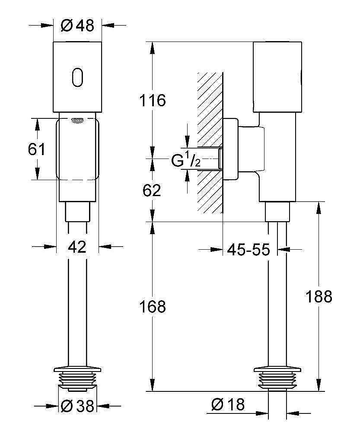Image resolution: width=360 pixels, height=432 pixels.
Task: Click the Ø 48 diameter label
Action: pos(77,26)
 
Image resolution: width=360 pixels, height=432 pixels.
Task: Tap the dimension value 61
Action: pos(36,149)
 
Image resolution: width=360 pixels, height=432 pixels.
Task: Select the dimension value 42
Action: pos(77,247)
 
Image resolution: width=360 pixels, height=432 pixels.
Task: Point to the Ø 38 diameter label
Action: pos(77,406)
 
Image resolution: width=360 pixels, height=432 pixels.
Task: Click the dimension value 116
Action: pos(152,101)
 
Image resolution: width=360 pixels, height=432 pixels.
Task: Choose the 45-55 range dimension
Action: pos(248,249)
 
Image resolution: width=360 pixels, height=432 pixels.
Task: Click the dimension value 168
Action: pos(152,307)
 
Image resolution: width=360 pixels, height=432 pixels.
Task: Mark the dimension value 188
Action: pos(319,296)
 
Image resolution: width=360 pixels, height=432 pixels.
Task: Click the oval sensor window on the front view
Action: pos(77,77)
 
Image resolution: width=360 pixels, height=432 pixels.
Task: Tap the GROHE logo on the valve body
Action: pos(78,120)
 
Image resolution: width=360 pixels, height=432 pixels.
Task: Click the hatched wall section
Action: pos(210,143)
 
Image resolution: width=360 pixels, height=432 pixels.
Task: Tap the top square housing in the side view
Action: pos(277,76)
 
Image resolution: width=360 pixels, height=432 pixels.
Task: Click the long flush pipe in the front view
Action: pos(77,311)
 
